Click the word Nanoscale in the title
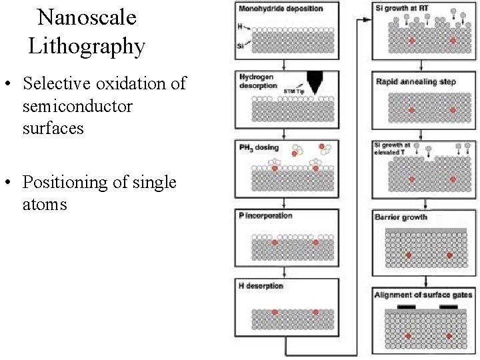click(x=87, y=18)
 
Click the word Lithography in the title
click(x=87, y=47)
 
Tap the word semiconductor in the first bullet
click(x=77, y=106)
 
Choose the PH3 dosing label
click(x=259, y=147)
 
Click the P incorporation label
click(x=265, y=216)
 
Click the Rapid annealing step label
click(x=415, y=82)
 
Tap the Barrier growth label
click(x=401, y=217)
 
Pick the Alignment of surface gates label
click(x=423, y=294)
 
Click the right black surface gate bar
click(x=449, y=307)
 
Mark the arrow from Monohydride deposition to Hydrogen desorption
click(x=285, y=65)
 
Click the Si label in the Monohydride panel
click(x=241, y=46)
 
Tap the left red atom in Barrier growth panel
click(x=409, y=255)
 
